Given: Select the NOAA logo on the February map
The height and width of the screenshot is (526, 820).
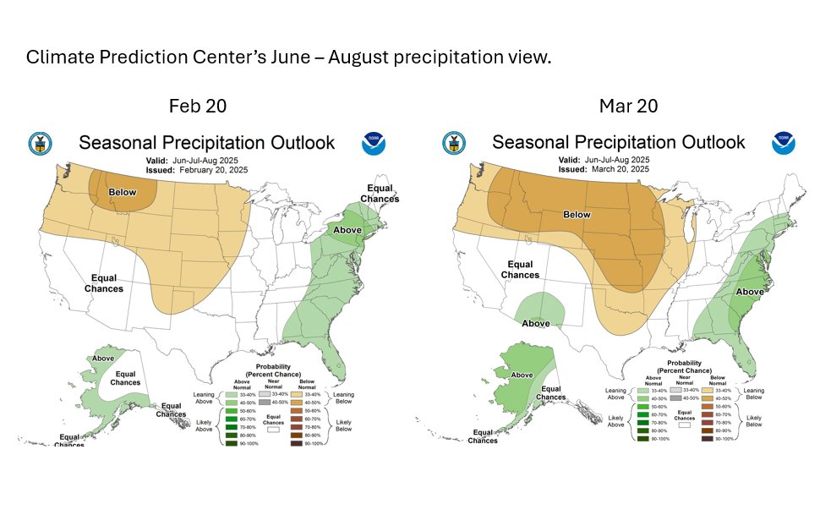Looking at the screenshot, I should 374,144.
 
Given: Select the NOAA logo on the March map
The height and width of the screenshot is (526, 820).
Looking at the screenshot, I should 784,143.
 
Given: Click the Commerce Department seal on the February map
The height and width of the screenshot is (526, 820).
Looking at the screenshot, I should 40,144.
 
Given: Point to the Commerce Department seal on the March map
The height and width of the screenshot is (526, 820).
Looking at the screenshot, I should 454,143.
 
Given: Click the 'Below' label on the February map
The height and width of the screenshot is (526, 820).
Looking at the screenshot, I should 123,192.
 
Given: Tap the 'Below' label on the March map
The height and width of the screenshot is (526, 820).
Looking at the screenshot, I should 577,215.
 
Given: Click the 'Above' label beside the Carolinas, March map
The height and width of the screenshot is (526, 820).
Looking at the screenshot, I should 750,292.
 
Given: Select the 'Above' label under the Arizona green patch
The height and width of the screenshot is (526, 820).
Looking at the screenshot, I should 536,323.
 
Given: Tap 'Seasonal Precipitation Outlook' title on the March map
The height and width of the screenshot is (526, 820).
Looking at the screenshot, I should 619,142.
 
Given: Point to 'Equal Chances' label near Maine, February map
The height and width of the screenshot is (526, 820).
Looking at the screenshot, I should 380,193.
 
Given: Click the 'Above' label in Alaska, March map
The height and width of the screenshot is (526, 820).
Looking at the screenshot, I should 522,375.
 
